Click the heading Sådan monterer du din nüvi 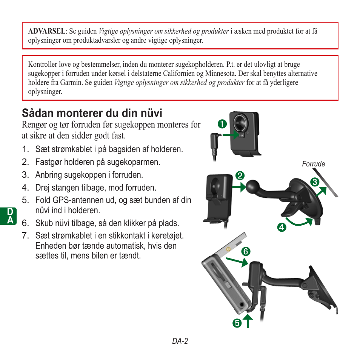pos(92,113)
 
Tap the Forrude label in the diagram pos(313,164)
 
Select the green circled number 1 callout pos(222,123)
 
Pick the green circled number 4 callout pos(281,227)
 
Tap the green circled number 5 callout pos(237,323)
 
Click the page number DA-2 pos(180,341)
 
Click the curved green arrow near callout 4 pos(300,222)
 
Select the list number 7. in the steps pos(25,236)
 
